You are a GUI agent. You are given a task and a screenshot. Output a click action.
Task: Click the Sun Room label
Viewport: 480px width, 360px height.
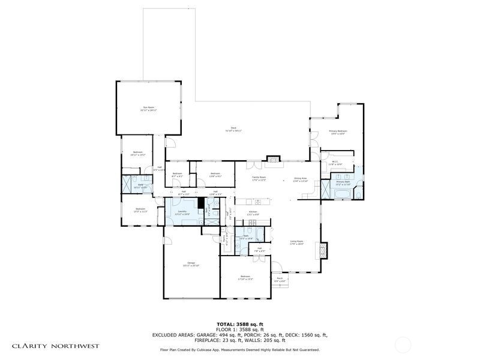(x=148, y=109)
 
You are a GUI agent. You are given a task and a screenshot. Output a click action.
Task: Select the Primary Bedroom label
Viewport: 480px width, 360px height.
(x=338, y=132)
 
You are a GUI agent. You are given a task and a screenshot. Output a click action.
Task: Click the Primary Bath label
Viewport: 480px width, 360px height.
(x=343, y=183)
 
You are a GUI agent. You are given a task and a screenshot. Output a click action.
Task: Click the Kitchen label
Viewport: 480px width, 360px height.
(x=253, y=213)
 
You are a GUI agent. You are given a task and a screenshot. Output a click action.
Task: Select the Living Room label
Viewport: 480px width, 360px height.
(x=296, y=242)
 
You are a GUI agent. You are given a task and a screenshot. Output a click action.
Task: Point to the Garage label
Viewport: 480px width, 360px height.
(x=191, y=264)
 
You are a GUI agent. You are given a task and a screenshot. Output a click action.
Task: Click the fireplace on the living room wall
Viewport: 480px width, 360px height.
(x=325, y=250)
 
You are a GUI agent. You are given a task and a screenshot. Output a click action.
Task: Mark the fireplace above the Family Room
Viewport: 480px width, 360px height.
(x=274, y=160)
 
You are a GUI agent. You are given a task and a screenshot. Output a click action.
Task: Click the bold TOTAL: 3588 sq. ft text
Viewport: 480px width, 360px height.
(x=239, y=324)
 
